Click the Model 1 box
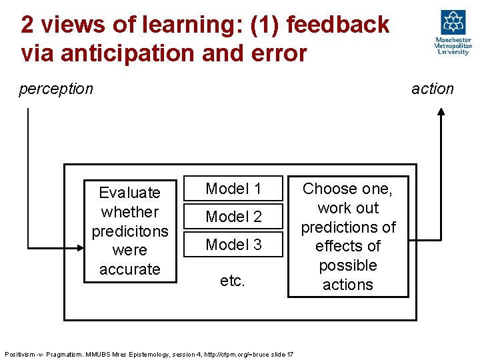(x=233, y=189)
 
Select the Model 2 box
(x=233, y=217)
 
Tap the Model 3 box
(x=233, y=245)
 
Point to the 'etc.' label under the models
(x=232, y=281)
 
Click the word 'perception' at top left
(x=56, y=89)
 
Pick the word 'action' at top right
(x=432, y=89)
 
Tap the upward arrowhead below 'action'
(x=441, y=113)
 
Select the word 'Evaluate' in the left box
(x=129, y=193)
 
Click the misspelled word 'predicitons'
(x=129, y=231)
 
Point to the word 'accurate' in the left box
(x=129, y=269)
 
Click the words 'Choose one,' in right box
(x=347, y=189)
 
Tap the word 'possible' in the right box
(x=347, y=265)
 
